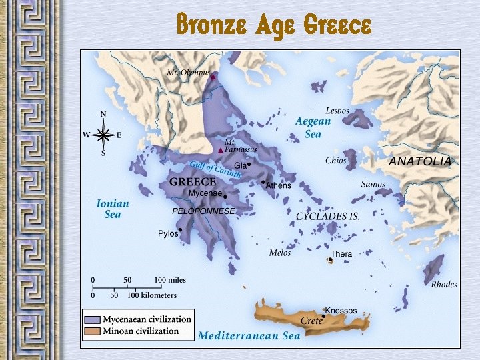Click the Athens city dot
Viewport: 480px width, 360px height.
263,181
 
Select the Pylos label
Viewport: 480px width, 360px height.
168,234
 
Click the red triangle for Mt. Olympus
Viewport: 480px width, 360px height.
213,77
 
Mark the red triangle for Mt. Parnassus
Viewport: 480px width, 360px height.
220,150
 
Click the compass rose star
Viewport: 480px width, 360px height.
103,135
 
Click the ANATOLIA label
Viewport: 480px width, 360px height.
419,161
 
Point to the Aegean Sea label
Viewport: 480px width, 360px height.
313,127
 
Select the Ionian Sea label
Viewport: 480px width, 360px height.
113,209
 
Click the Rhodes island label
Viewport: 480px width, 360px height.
443,285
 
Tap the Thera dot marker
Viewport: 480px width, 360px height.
329,260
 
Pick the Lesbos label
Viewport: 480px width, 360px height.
337,111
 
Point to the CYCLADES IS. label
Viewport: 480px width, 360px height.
328,217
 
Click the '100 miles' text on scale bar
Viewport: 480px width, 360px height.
170,279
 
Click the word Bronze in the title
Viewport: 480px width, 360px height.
207,25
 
